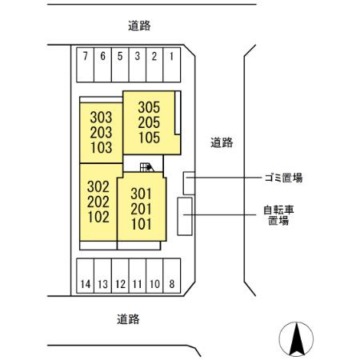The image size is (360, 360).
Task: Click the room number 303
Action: coord(101,117)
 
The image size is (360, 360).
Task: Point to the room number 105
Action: coord(149,137)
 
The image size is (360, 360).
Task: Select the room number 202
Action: coord(98,202)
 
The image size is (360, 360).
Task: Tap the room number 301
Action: coord(140,193)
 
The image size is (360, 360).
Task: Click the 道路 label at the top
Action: coord(139,26)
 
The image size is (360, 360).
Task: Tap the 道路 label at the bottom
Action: coord(128,319)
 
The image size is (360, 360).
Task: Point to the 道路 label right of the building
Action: coord(222,143)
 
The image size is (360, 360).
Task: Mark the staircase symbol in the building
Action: coord(146,167)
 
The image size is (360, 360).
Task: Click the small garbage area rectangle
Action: coord(187,182)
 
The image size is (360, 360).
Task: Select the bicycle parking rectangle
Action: coord(185,216)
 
